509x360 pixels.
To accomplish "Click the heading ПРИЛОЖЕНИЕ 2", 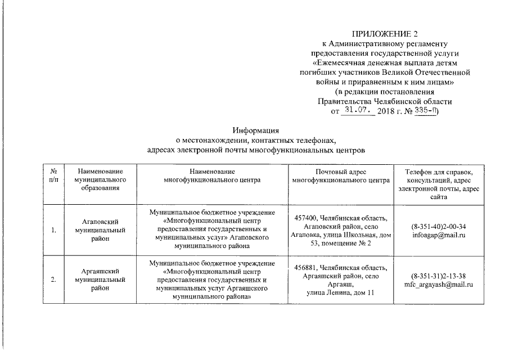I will [385, 34].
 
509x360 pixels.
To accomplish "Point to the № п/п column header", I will [53, 175].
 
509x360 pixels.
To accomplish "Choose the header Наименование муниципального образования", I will [100, 179].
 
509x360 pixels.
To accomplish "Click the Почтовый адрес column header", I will [341, 175].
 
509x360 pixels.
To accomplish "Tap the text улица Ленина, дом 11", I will [340, 292].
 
